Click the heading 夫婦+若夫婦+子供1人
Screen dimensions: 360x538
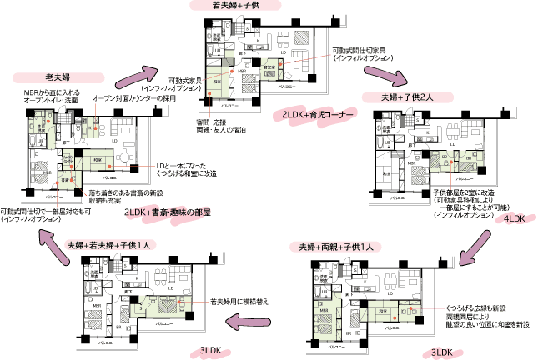112,245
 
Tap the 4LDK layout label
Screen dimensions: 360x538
514,218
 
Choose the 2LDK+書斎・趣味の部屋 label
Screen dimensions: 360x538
167,213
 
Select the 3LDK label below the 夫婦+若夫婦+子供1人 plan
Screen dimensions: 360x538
212,348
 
